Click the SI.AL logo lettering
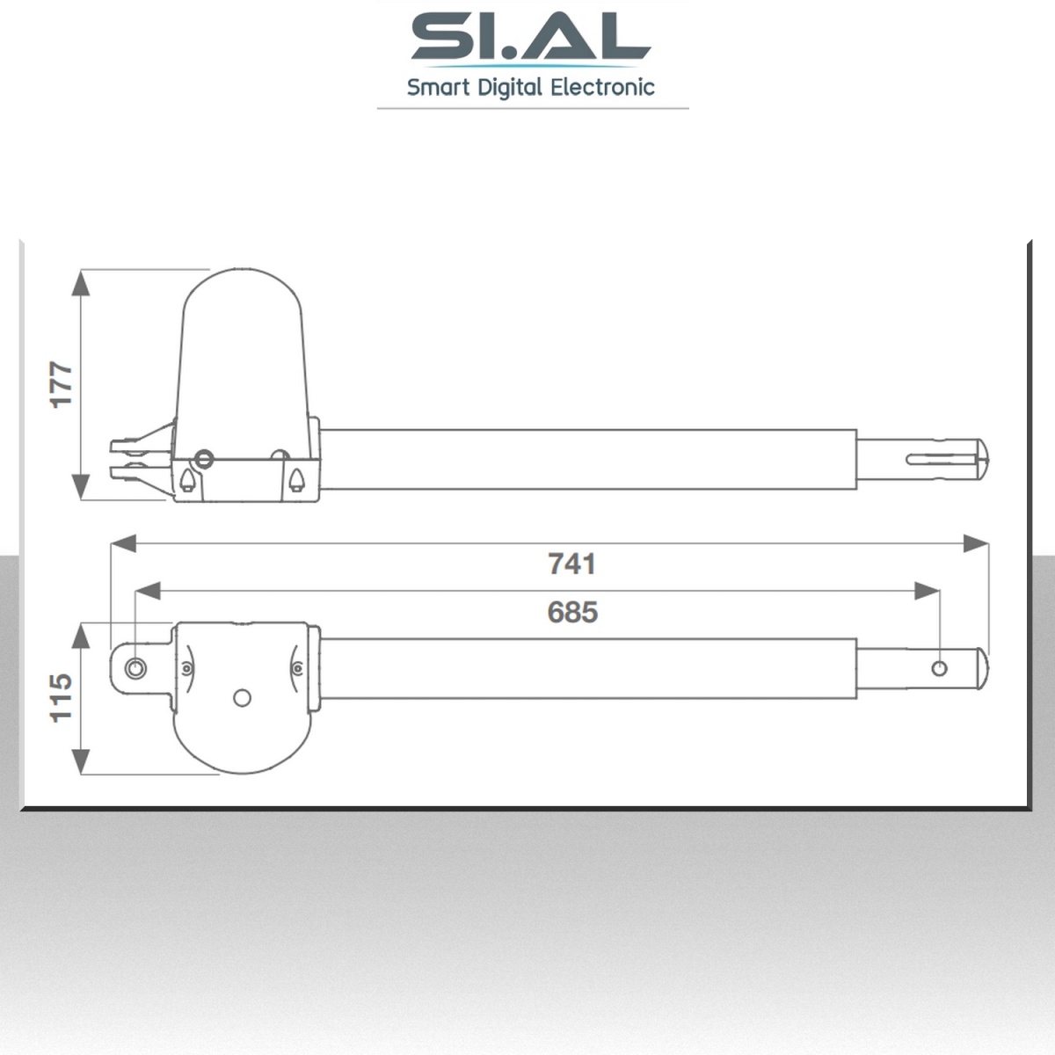pyautogui.click(x=531, y=37)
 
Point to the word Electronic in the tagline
pyautogui.click(x=603, y=88)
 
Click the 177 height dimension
pyautogui.click(x=62, y=384)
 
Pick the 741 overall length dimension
pyautogui.click(x=572, y=564)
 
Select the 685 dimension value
pyautogui.click(x=572, y=612)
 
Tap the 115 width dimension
pyautogui.click(x=62, y=698)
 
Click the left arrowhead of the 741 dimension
pyautogui.click(x=124, y=543)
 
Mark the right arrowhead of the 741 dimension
pyautogui.click(x=976, y=543)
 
